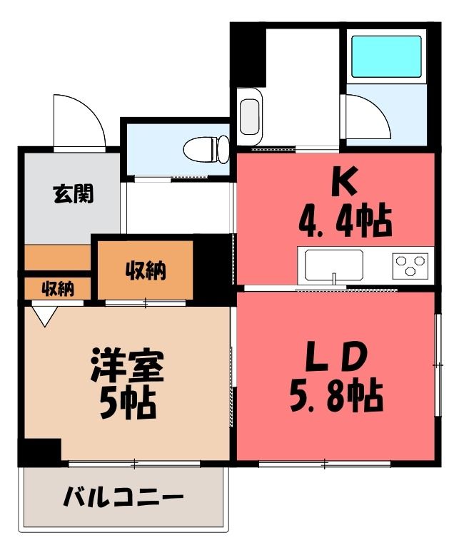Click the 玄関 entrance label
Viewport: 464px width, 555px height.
coord(74,194)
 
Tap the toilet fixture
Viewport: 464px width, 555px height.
coord(206,149)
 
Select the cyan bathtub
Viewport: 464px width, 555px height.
coord(386,56)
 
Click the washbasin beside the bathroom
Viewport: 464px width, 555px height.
coord(250,117)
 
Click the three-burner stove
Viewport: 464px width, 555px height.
coord(410,265)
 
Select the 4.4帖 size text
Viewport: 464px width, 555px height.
coord(346,223)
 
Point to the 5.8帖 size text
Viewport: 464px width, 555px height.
coord(336,397)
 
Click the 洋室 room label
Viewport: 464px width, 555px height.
coord(127,366)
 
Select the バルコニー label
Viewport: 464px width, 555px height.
coord(123,497)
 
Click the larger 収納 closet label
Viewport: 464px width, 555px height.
coord(146,272)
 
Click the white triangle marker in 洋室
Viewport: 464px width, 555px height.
coord(45,316)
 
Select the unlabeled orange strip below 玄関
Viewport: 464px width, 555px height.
coord(57,258)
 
